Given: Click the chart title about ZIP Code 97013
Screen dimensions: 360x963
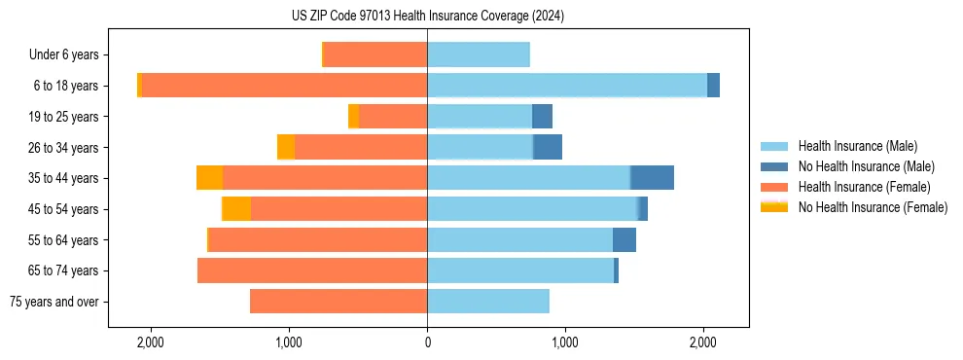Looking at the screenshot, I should tap(427, 17).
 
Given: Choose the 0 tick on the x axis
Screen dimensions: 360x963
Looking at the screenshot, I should tap(427, 342).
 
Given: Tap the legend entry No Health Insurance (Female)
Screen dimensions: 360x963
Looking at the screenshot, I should tap(873, 207).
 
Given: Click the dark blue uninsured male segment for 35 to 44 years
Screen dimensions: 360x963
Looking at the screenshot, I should tap(652, 178).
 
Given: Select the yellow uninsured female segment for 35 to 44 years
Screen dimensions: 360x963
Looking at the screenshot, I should tap(209, 178).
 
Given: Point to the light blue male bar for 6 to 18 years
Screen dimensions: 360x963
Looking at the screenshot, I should tap(567, 86).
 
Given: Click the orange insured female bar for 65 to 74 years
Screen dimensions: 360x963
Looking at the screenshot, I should tap(312, 270).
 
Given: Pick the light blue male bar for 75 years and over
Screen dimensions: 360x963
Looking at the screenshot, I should tap(488, 302).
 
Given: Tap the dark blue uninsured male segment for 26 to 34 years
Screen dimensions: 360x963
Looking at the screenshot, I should tap(548, 148).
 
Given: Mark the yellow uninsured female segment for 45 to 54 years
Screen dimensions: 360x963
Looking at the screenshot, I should tap(236, 209).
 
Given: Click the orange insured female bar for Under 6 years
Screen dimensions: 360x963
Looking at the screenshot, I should tap(375, 55).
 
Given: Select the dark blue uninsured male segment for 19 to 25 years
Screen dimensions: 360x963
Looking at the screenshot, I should tap(542, 117).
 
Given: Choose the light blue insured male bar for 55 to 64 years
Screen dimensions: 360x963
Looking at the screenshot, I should tap(520, 240).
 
